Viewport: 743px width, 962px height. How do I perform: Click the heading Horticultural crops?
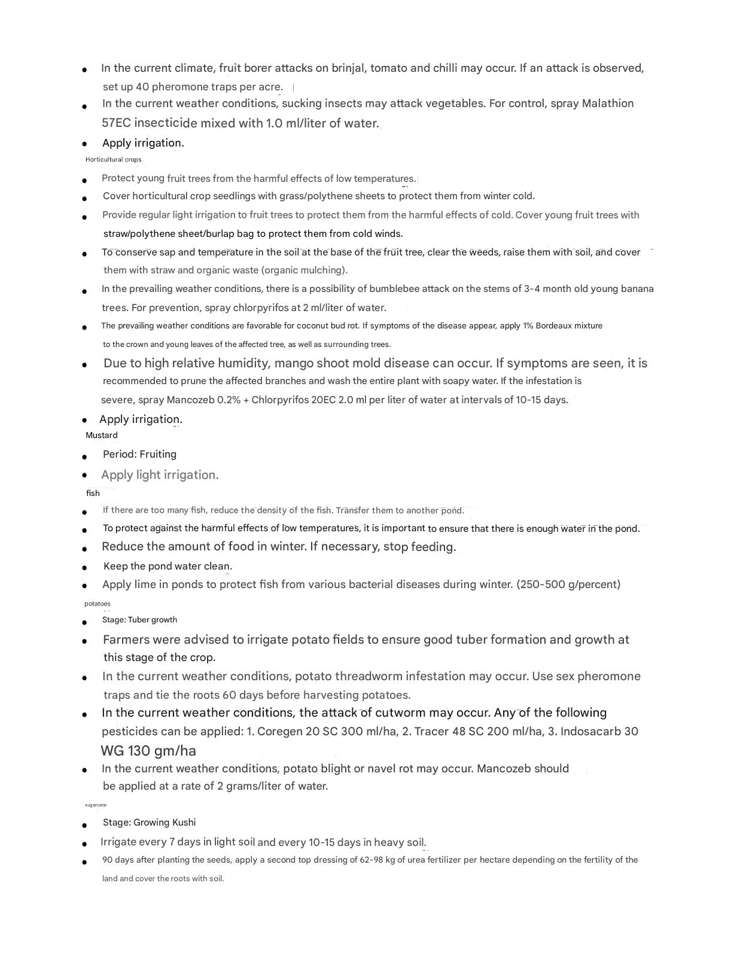click(114, 160)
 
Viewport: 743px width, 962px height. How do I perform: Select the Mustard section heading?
click(102, 436)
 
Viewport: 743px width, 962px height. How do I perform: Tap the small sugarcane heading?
click(96, 805)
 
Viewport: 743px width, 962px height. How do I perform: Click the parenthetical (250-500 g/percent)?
click(568, 584)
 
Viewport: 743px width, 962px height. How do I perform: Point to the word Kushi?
click(184, 823)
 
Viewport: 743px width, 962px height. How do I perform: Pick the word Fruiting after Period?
click(158, 455)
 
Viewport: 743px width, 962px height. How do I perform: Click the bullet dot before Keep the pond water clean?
click(85, 567)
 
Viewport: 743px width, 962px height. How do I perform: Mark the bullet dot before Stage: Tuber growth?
click(85, 622)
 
